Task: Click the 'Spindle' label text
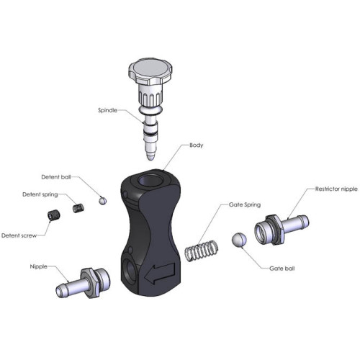107,110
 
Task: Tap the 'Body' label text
196,145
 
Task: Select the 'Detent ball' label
56,177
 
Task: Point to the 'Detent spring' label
40,194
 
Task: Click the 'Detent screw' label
19,235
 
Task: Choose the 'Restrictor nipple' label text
336,189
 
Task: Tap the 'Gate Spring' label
245,204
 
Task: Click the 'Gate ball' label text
282,269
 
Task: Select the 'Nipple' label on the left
38,266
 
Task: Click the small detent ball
103,200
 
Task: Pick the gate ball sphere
239,240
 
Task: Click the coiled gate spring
202,251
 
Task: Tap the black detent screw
53,215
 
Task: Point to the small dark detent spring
78,208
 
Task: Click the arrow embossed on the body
159,273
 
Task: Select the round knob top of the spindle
150,71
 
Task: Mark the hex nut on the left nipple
90,283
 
